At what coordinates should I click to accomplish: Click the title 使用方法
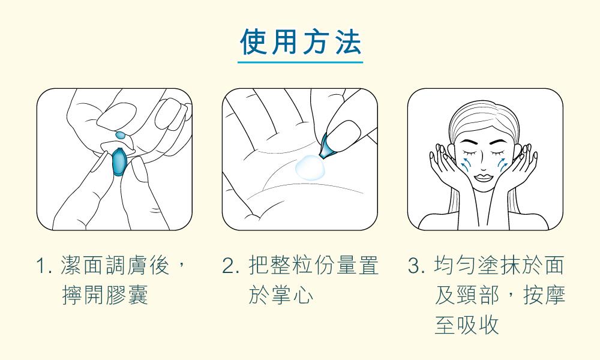tap(301, 42)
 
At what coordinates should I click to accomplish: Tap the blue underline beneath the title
tap(301, 62)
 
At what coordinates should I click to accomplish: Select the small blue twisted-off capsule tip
tap(121, 134)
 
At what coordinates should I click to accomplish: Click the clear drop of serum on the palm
tap(310, 167)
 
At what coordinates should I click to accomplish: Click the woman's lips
tap(484, 178)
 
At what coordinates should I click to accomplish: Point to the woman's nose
tap(484, 164)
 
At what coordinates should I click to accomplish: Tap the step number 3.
tap(416, 266)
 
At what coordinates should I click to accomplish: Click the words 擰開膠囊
tap(105, 295)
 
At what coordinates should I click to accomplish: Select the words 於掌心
tap(281, 295)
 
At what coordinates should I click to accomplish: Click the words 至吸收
tap(467, 325)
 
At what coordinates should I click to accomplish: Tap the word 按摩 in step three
tap(544, 295)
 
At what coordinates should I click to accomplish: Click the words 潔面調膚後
tap(115, 266)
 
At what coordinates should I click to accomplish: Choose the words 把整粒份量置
tap(313, 266)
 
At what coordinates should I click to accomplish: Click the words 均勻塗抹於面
tap(499, 266)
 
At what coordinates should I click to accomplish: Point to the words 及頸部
tap(467, 295)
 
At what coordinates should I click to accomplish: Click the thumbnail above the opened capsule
tap(342, 130)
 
